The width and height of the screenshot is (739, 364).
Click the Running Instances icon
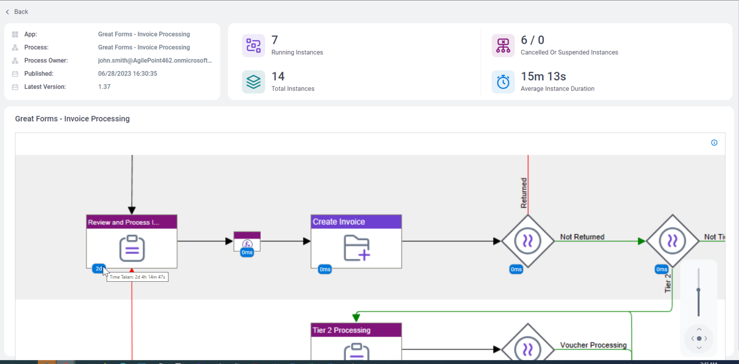point(253,46)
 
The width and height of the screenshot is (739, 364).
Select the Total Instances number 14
point(278,76)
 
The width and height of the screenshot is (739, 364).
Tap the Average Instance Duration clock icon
point(503,82)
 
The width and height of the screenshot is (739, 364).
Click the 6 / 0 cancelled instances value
point(532,40)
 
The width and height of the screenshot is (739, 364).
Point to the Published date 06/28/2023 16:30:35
point(127,74)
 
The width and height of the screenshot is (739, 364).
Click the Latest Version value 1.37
point(104,87)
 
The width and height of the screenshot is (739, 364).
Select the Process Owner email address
point(154,61)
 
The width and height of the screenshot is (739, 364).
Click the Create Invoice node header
point(356,222)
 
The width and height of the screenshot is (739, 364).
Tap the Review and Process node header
point(131,222)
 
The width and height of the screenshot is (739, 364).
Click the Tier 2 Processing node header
point(356,330)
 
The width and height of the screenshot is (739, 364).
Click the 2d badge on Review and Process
point(98,269)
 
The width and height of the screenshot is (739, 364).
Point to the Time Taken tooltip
point(138,277)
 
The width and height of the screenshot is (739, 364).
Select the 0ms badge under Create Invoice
point(325,269)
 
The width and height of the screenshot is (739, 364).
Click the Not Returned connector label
point(582,237)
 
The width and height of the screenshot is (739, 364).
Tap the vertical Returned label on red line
point(524,193)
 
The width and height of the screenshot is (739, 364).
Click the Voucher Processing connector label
point(593,345)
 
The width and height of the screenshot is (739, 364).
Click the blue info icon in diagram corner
point(714,143)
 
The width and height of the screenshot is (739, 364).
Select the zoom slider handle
point(699,290)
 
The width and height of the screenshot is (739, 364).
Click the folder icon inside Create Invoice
point(357,248)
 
